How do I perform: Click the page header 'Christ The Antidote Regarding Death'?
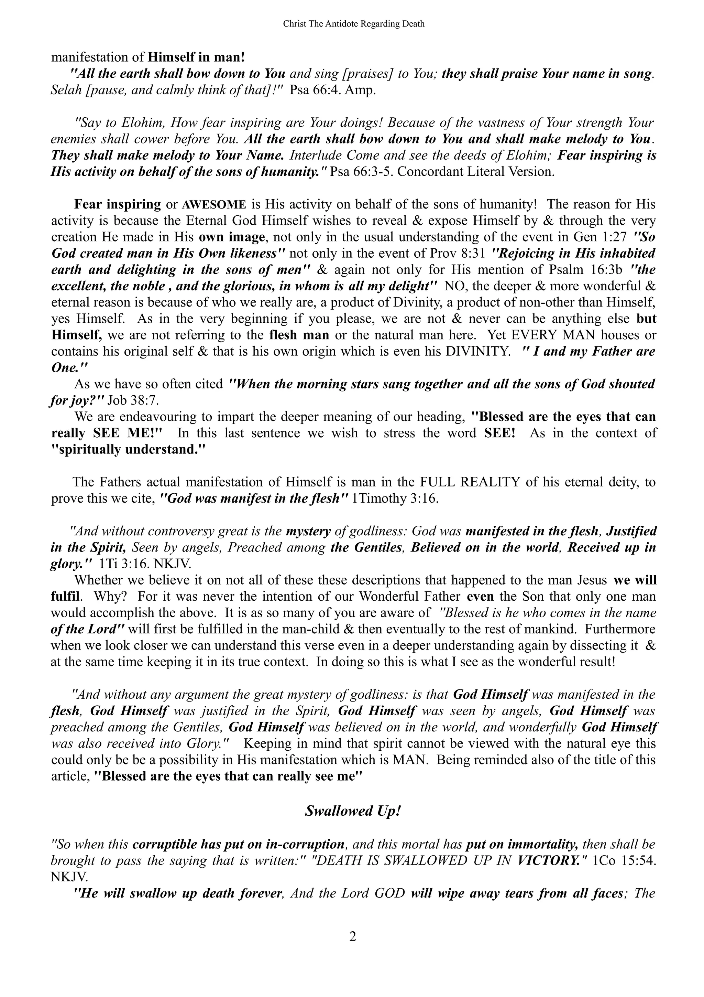(353, 24)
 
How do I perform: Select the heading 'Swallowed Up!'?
(352, 811)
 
